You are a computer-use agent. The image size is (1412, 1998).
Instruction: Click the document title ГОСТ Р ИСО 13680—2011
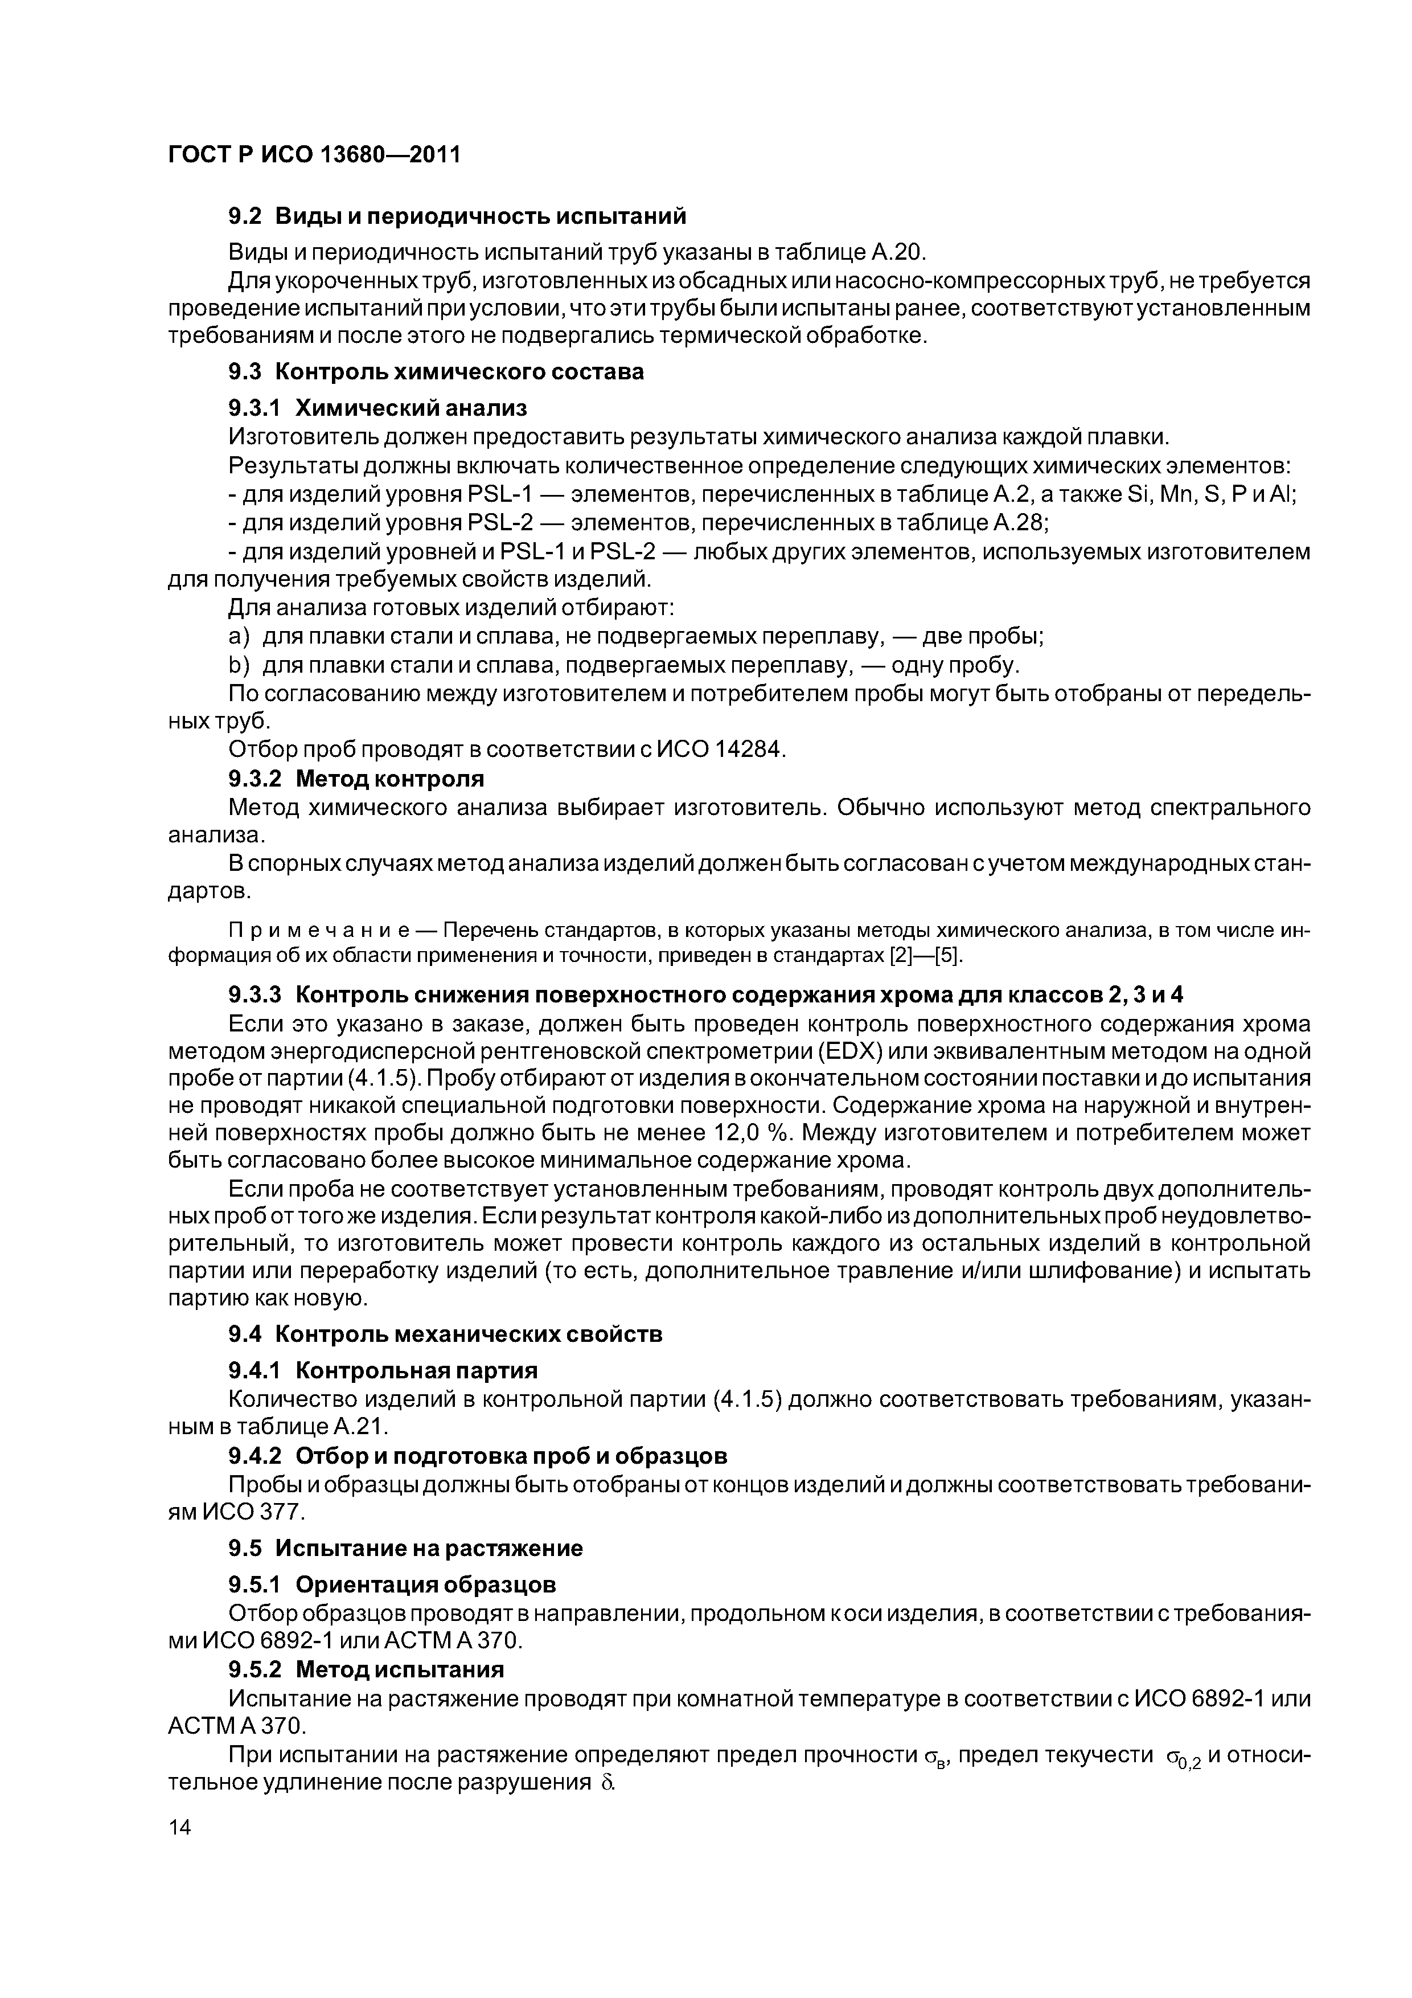tap(313, 155)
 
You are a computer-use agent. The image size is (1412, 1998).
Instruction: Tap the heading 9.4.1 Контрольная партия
tap(382, 1370)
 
